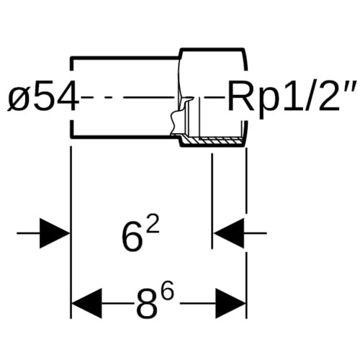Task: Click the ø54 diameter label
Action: point(43,97)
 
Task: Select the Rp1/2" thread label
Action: point(292,97)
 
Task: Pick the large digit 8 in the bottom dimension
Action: point(145,305)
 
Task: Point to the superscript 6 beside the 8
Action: point(166,291)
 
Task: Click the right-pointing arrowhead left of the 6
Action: point(55,233)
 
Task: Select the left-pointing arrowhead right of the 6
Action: point(229,233)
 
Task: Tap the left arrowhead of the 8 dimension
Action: point(87,304)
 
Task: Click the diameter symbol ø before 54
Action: point(17,99)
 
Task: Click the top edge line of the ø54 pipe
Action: point(125,58)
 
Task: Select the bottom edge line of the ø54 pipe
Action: point(125,137)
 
